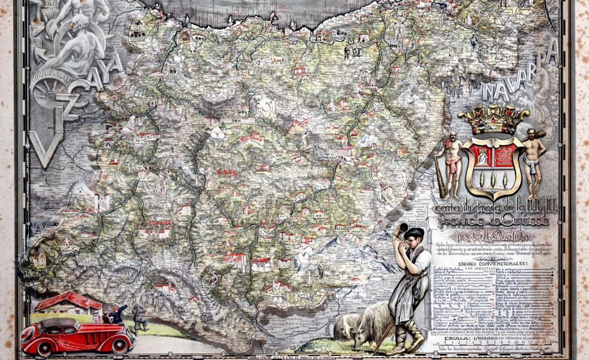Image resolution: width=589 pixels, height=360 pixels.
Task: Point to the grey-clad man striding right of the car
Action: coord(138,317)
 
